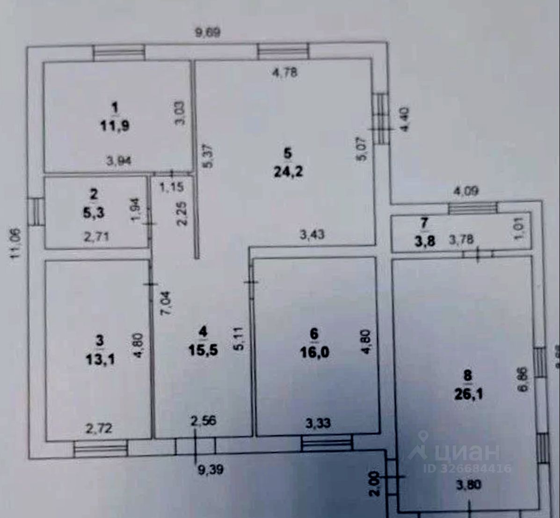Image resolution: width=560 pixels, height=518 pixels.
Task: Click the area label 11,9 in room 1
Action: (x=115, y=126)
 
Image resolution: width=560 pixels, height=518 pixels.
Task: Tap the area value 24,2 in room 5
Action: (x=288, y=171)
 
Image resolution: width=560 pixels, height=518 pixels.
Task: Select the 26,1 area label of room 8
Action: (x=468, y=394)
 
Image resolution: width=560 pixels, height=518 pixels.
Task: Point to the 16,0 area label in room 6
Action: (x=314, y=352)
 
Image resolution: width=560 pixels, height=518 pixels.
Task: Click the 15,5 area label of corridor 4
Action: (x=203, y=349)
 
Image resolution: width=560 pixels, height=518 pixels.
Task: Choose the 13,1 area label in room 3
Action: (x=100, y=359)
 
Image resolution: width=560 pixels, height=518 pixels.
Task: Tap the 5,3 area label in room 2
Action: (x=95, y=213)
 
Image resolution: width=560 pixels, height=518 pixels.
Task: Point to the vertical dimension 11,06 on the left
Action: (x=16, y=242)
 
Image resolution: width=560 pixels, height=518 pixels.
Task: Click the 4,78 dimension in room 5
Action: (x=285, y=73)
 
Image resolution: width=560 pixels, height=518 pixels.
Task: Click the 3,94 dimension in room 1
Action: (x=119, y=161)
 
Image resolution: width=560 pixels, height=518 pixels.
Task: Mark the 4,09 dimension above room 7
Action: (x=465, y=191)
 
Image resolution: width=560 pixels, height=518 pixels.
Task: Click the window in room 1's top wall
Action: (x=119, y=52)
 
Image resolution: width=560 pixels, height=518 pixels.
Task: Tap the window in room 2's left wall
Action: (x=35, y=212)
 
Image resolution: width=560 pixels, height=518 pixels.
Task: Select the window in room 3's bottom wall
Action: (x=101, y=449)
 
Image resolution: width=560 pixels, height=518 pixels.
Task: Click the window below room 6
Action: (x=326, y=443)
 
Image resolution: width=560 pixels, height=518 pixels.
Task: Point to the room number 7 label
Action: (x=424, y=223)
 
